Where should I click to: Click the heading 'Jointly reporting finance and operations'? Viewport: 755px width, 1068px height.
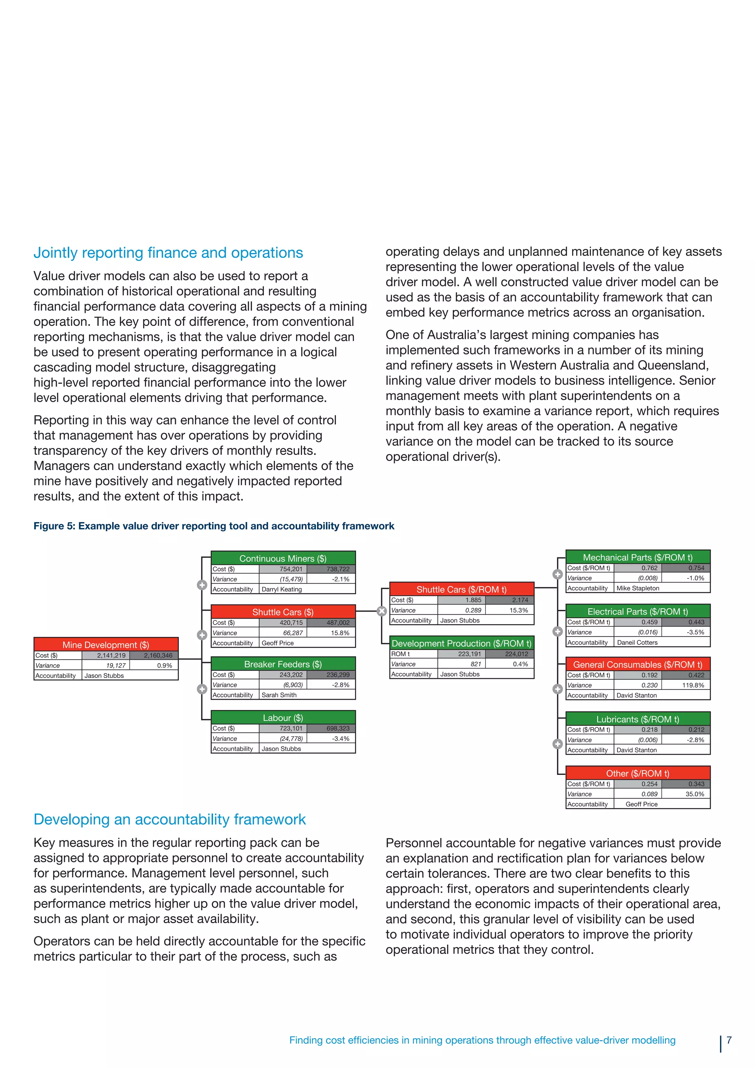click(x=168, y=253)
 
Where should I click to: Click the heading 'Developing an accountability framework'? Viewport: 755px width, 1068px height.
click(x=169, y=819)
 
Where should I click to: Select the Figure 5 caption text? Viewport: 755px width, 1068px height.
click(x=213, y=526)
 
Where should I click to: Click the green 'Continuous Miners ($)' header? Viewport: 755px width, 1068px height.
click(x=283, y=558)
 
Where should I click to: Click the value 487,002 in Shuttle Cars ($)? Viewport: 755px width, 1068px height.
click(x=338, y=623)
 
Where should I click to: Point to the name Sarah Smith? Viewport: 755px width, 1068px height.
click(x=279, y=695)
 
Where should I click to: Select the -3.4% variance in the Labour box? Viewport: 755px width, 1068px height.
click(x=341, y=739)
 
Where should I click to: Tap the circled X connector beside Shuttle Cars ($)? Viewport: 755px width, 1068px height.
click(x=382, y=611)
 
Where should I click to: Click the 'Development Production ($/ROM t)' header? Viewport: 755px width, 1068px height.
click(x=461, y=643)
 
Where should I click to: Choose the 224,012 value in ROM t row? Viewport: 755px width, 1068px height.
click(x=516, y=654)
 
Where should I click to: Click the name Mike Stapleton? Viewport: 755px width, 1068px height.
click(x=638, y=588)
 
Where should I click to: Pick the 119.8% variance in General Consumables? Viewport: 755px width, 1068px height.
click(x=693, y=685)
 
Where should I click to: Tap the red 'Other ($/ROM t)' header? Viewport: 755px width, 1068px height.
click(x=637, y=773)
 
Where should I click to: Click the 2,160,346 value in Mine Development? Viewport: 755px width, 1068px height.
click(x=158, y=655)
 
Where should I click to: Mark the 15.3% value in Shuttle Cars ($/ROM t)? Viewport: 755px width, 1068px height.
click(x=518, y=610)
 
